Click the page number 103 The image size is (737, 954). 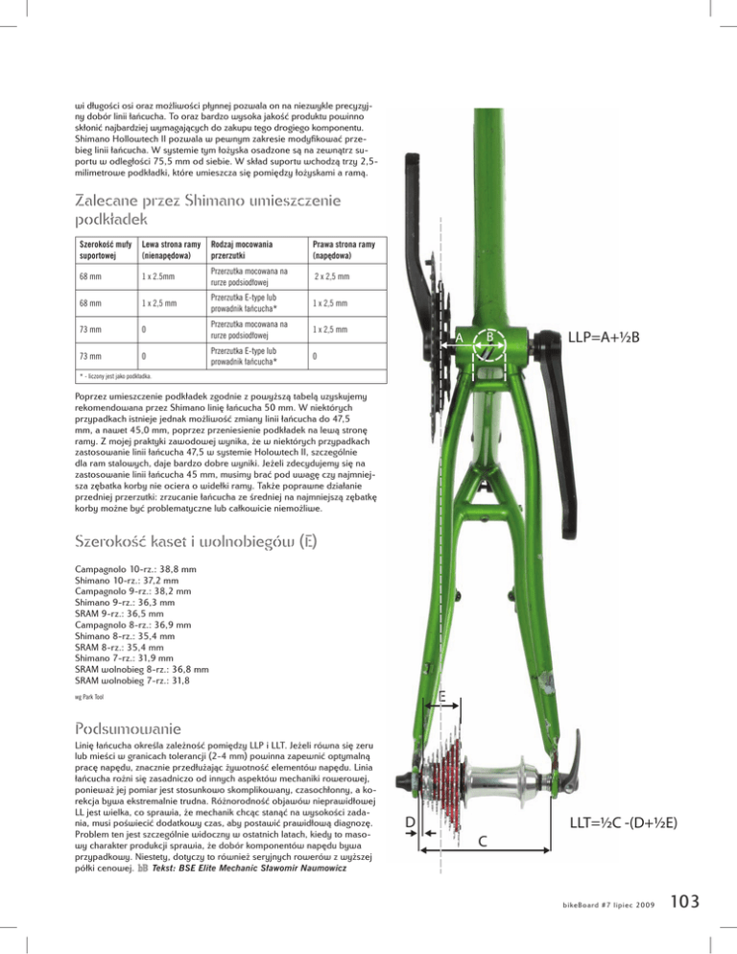pos(684,901)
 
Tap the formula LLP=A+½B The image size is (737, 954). pos(604,337)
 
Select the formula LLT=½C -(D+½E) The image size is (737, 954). pos(623,823)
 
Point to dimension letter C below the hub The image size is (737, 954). pos(483,842)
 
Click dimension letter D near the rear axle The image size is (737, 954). pos(410,822)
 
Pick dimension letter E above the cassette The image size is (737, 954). pos(442,696)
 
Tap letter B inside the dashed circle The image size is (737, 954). pos(490,336)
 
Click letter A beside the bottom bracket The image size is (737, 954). pos(460,337)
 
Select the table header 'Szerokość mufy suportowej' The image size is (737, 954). pos(106,250)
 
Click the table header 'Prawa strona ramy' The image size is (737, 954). pos(344,245)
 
